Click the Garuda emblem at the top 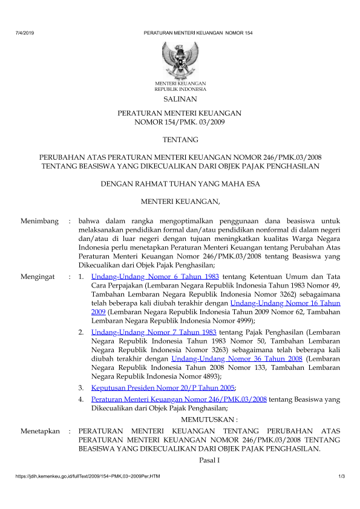pos(180,60)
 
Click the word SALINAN pos(180,99)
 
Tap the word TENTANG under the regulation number pos(180,140)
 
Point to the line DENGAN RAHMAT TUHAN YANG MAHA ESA pos(180,184)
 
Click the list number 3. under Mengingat pos(81,387)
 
